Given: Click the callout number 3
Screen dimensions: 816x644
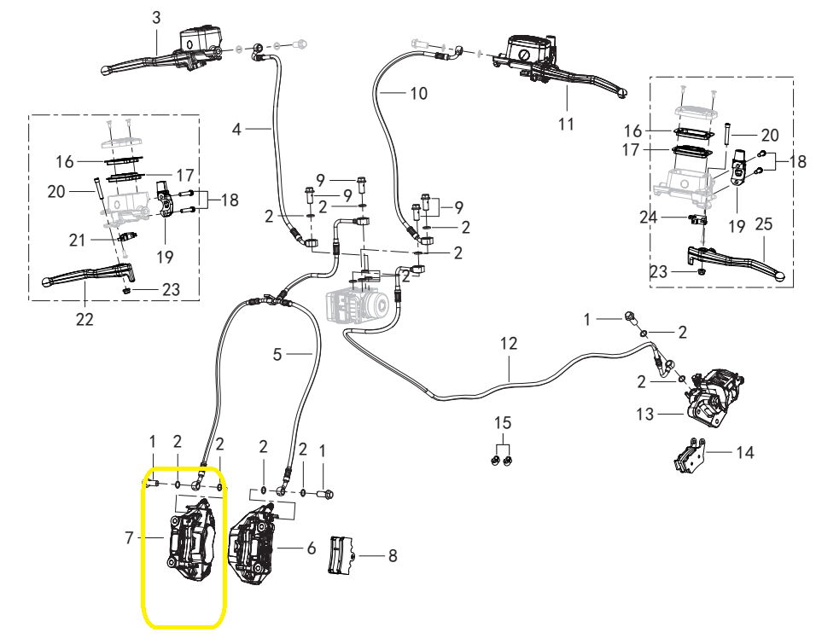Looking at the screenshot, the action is (x=157, y=18).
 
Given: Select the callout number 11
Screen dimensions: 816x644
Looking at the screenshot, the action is (x=566, y=124).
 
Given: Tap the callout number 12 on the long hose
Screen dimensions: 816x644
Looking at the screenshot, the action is (x=509, y=344).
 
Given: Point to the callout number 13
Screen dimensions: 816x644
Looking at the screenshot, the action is (x=644, y=414).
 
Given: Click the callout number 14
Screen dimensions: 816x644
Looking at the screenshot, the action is (x=744, y=452).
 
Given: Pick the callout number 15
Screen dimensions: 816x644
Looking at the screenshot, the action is (x=503, y=422).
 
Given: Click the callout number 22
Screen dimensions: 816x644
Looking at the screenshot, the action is (x=85, y=318).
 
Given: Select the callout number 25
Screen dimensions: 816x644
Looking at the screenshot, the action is (x=763, y=223).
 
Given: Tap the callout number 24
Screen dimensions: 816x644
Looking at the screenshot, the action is (x=649, y=217).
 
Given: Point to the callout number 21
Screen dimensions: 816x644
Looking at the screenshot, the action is (x=77, y=240).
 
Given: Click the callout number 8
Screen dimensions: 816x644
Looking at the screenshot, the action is (x=393, y=555).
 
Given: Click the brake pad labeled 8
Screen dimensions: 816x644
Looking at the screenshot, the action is (x=341, y=555).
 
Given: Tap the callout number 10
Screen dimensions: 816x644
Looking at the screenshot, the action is (x=418, y=93).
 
